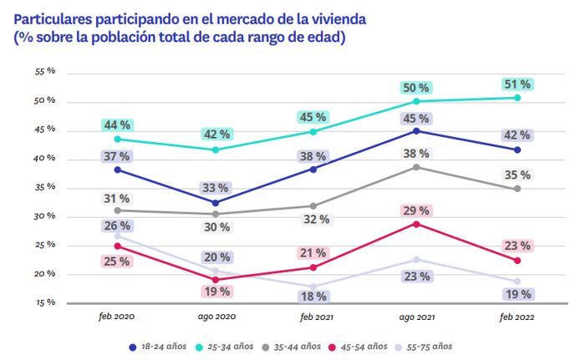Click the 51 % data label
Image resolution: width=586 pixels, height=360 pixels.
pos(517,84)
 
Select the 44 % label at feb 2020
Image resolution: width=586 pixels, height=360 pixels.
pos(117,125)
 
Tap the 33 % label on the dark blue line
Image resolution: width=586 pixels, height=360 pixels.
pos(216,188)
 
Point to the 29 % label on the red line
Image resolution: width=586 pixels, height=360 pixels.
pos(416,210)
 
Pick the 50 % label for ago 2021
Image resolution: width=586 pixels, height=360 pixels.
pos(416,88)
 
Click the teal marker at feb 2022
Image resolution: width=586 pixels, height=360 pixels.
pos(517,98)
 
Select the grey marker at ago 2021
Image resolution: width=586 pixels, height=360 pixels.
pos(417,167)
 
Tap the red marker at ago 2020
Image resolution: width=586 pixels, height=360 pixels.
pos(217,280)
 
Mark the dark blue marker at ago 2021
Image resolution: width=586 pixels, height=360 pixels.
pos(417,131)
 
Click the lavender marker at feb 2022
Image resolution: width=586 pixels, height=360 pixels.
pos(517,281)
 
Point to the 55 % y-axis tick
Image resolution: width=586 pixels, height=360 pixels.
pos(45,72)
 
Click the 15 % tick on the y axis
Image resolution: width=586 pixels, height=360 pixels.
pos(45,302)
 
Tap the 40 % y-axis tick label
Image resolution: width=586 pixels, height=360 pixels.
pos(45,158)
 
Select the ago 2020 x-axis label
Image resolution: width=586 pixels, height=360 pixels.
pos(216,318)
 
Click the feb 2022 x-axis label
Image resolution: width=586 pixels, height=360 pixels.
pos(517,318)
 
